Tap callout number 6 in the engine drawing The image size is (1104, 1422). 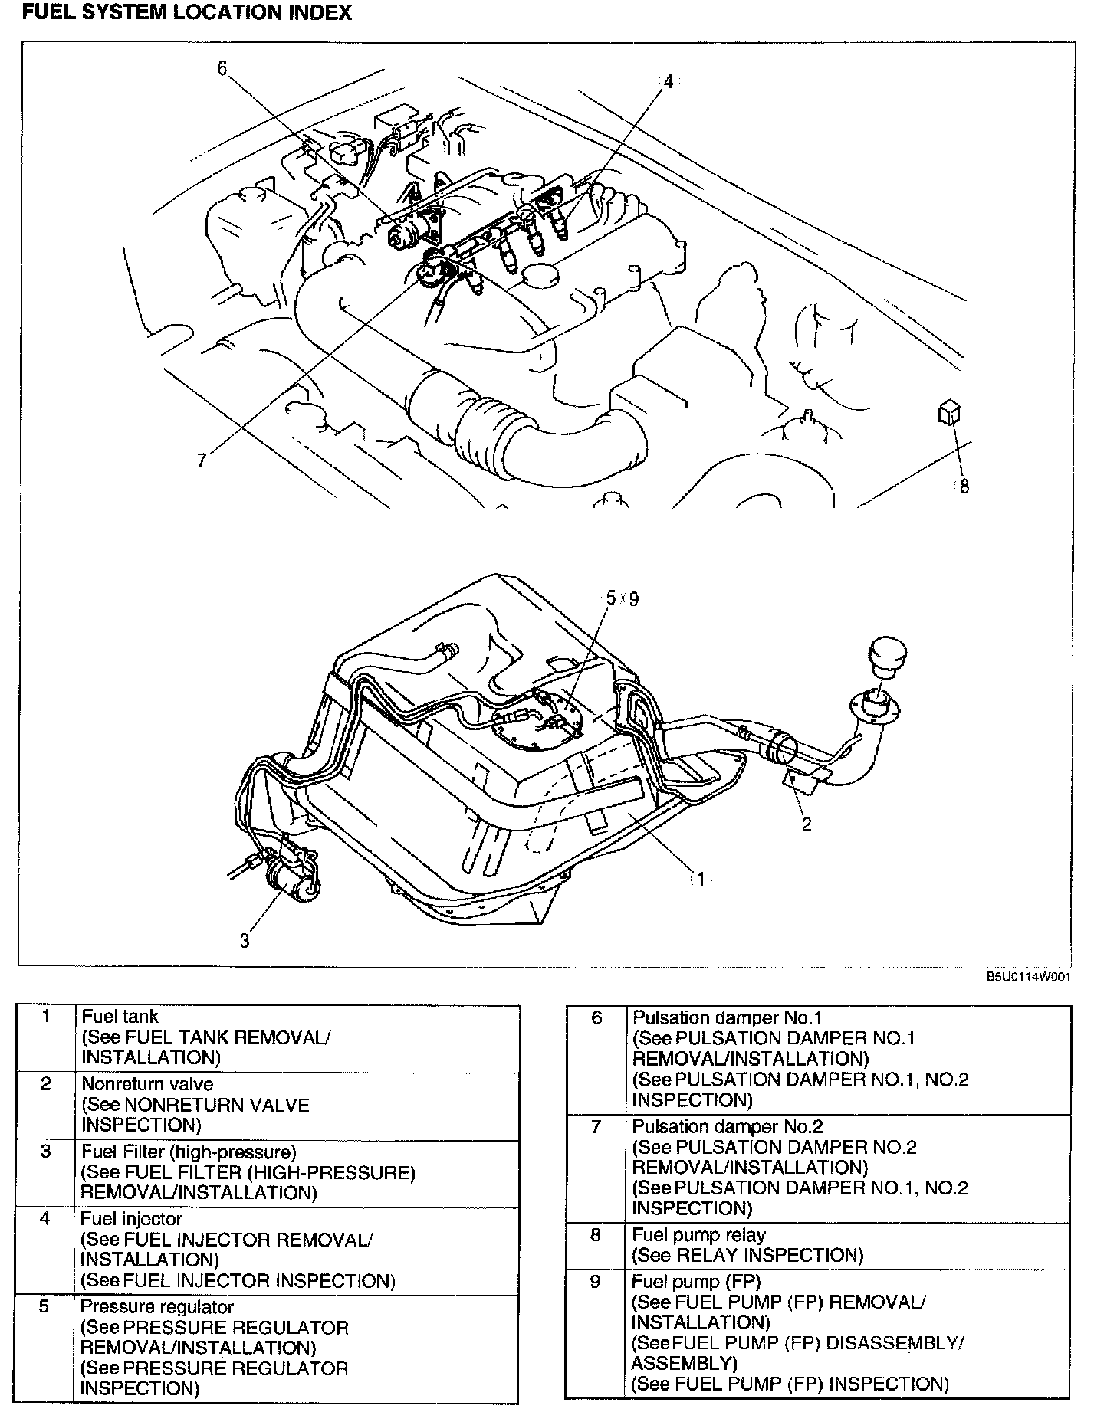click(222, 69)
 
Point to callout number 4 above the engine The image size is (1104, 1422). click(668, 81)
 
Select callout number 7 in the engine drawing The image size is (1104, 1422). click(201, 461)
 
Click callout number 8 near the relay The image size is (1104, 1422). click(964, 486)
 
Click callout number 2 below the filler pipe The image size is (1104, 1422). click(806, 824)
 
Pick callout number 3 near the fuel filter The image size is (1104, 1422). click(245, 941)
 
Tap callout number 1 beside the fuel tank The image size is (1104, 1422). click(699, 880)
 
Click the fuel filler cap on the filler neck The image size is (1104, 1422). click(887, 655)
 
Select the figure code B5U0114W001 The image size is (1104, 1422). click(1028, 977)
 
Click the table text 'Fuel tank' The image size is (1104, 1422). click(120, 1017)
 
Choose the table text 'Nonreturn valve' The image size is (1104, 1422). click(147, 1084)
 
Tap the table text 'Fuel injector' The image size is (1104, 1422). click(131, 1218)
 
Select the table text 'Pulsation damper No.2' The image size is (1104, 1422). click(727, 1126)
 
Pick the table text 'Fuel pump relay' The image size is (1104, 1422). click(698, 1234)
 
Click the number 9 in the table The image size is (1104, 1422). click(596, 1281)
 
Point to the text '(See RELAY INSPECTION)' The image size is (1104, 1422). click(747, 1255)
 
